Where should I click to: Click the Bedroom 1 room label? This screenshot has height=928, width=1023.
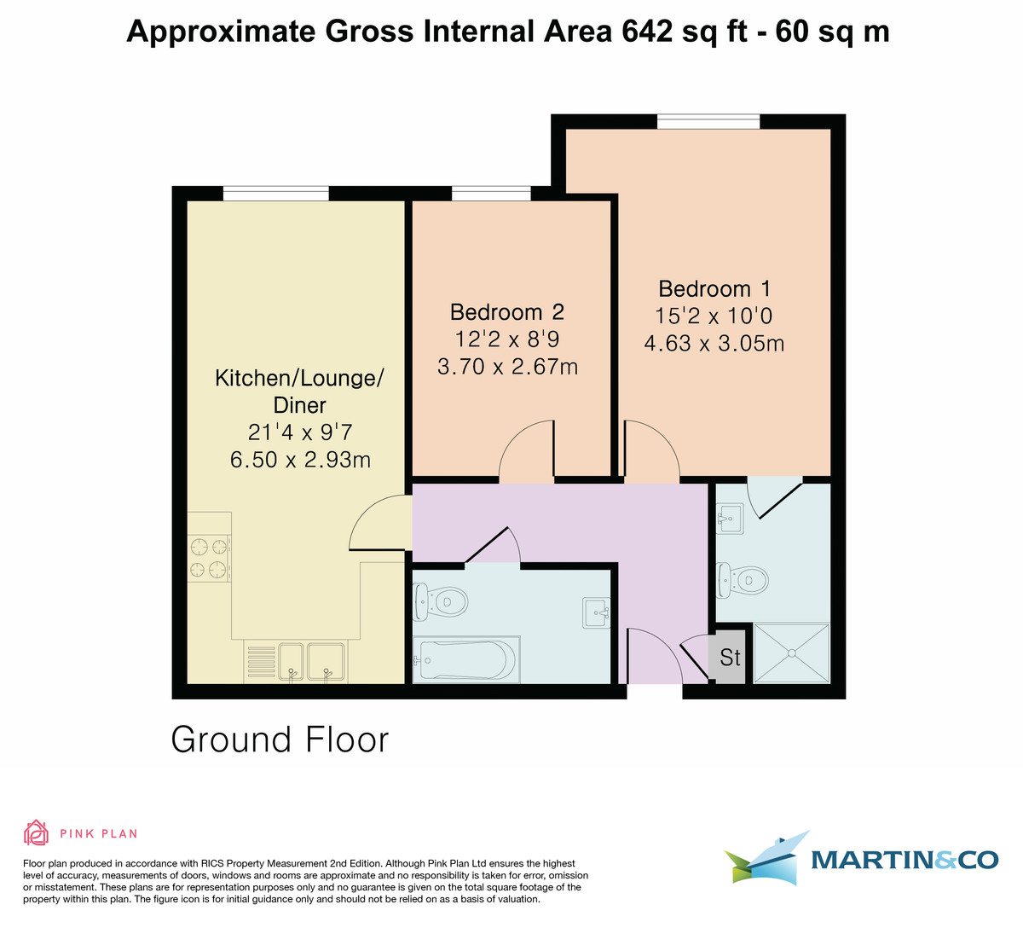714,289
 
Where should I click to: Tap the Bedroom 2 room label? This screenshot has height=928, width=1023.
507,312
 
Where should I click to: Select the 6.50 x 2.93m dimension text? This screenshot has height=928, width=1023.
300,460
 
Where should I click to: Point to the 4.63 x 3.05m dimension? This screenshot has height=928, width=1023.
714,343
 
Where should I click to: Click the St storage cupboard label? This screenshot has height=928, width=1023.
730,658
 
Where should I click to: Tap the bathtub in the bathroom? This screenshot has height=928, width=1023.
465,659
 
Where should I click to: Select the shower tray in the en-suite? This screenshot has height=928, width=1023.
791,652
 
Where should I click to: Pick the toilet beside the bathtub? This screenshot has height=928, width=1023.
440,602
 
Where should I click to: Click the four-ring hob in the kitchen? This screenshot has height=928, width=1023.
209,559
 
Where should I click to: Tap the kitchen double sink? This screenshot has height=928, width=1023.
310,663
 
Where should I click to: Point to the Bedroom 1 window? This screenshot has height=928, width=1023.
708,122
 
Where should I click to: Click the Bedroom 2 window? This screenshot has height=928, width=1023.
491,194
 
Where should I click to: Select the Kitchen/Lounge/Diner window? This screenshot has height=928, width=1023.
276,194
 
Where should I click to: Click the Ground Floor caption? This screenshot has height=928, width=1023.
280,740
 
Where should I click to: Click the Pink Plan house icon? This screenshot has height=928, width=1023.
36,833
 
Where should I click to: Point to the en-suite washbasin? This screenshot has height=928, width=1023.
731,518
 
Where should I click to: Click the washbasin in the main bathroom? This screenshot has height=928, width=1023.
597,613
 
